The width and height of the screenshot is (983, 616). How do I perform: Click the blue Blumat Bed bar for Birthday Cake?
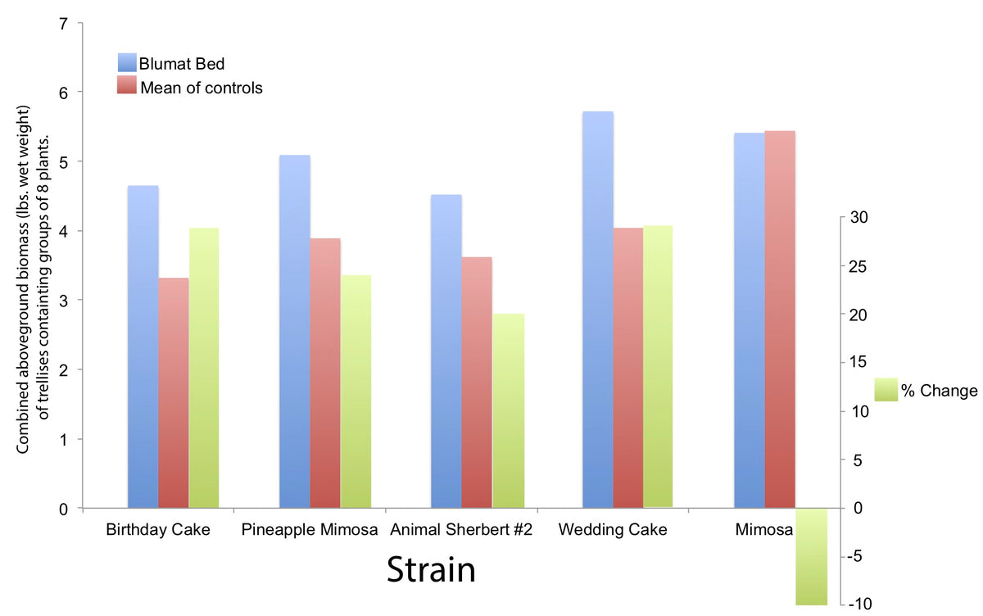(x=143, y=347)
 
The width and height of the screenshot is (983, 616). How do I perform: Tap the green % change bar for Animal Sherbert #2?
(x=508, y=410)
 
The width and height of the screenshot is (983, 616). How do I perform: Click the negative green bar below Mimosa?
(x=812, y=556)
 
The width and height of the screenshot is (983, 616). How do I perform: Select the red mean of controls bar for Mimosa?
(x=780, y=319)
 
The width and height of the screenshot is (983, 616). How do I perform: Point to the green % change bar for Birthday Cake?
(x=204, y=368)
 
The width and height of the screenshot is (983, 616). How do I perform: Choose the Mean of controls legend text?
(x=201, y=88)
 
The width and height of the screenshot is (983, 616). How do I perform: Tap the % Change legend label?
(x=939, y=391)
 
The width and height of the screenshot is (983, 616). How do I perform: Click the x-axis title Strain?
(x=431, y=570)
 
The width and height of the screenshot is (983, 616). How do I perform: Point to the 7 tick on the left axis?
(x=63, y=23)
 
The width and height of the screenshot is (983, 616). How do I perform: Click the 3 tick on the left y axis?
(x=63, y=301)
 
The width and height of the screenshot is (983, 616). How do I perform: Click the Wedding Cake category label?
(x=613, y=530)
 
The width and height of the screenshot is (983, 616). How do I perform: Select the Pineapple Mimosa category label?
(x=310, y=530)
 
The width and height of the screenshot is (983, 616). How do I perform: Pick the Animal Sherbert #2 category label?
(x=462, y=530)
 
